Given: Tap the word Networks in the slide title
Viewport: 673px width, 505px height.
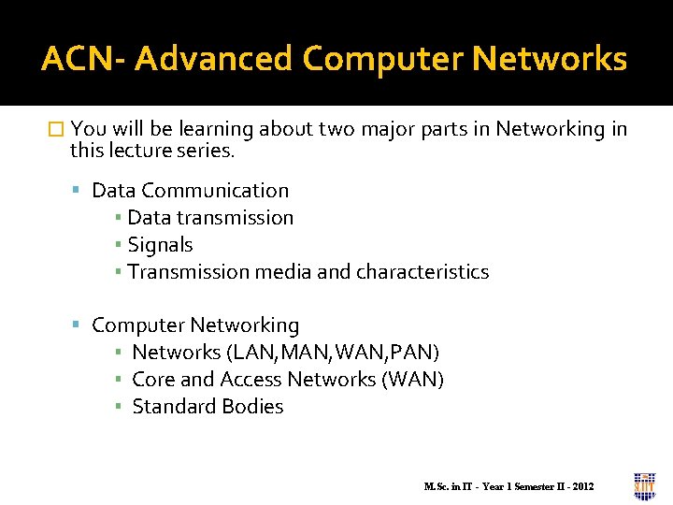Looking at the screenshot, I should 550,60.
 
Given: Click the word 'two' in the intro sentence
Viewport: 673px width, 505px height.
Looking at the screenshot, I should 336,129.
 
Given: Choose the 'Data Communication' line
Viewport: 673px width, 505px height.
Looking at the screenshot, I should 191,191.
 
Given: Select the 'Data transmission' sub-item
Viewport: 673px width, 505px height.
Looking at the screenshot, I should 210,218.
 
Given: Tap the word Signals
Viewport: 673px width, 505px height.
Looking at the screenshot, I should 160,245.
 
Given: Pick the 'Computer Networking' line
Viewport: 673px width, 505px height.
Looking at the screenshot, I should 195,325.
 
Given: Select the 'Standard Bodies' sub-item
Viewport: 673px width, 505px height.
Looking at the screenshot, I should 208,407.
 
